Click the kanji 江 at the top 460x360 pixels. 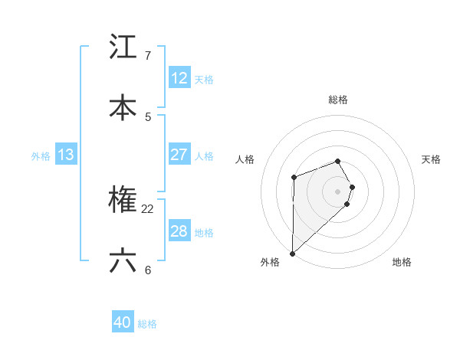pos(123,47)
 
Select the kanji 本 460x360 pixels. pos(123,108)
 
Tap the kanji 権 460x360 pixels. pos(123,201)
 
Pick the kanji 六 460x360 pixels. pos(123,261)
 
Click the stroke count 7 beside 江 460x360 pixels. pos(147,56)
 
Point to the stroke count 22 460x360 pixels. pos(148,209)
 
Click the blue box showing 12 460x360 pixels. pos(179,78)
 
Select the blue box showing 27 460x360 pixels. pos(179,155)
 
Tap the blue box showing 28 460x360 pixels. pos(179,231)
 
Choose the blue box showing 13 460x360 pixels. pos(66,155)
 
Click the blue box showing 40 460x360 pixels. pos(123,323)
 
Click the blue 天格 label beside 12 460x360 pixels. pos(204,80)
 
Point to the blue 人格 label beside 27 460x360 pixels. pos(204,156)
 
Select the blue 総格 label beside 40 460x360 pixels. pos(147,325)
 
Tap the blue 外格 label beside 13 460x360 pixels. pos(41,156)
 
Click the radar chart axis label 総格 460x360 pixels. pos(338,100)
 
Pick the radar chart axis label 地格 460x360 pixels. pos(402,263)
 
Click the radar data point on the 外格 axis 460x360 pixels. pos(292,253)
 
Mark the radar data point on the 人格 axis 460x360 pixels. pos(294,178)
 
